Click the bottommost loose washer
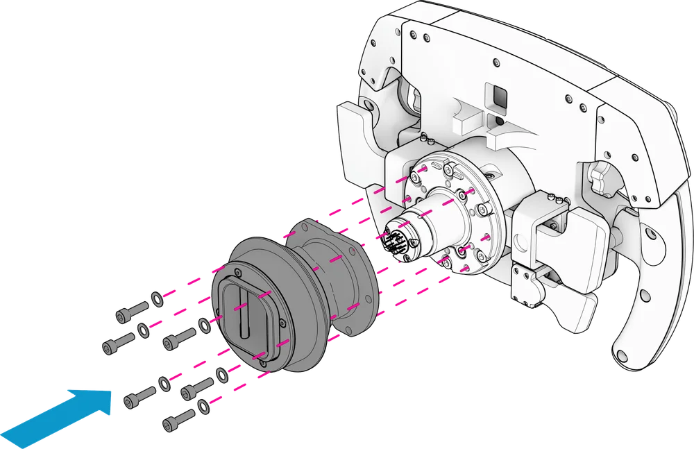pos(203,405)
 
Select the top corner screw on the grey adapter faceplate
pos(237,271)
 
